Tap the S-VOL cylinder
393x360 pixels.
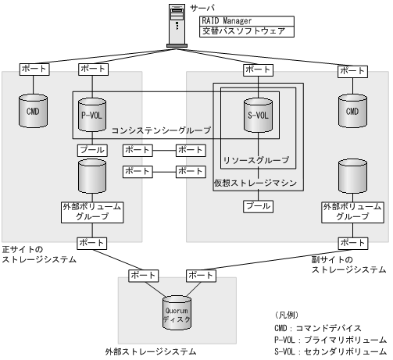pos(259,114)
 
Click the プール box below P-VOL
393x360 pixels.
pos(88,148)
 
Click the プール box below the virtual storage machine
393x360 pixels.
pos(259,206)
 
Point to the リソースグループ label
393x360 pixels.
pos(255,161)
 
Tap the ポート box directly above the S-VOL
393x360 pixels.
pos(259,70)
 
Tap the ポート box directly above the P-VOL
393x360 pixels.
pos(88,70)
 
